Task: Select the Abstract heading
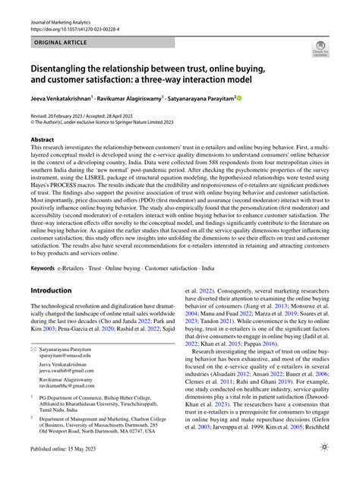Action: (42, 140)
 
